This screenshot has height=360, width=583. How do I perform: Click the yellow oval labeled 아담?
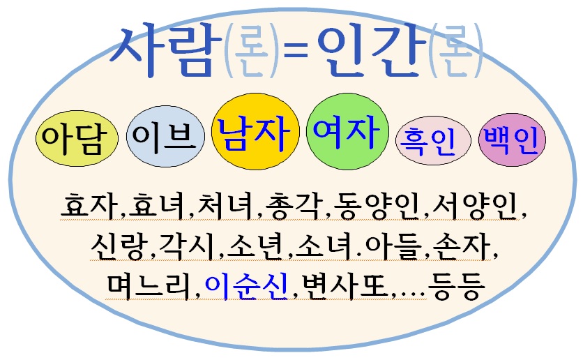(77, 138)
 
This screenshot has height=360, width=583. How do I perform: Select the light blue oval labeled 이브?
(165, 137)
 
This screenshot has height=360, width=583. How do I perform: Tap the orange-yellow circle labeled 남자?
(255, 131)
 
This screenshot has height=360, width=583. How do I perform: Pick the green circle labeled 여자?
(347, 131)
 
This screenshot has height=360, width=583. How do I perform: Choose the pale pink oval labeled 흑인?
(433, 140)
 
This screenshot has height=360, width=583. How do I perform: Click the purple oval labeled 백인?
(512, 140)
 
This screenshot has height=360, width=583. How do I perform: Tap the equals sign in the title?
(296, 52)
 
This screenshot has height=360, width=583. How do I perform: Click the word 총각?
(294, 206)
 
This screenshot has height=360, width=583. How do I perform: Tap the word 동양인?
(377, 206)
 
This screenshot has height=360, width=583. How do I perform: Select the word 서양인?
(475, 206)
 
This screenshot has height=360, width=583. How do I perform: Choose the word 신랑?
(118, 246)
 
